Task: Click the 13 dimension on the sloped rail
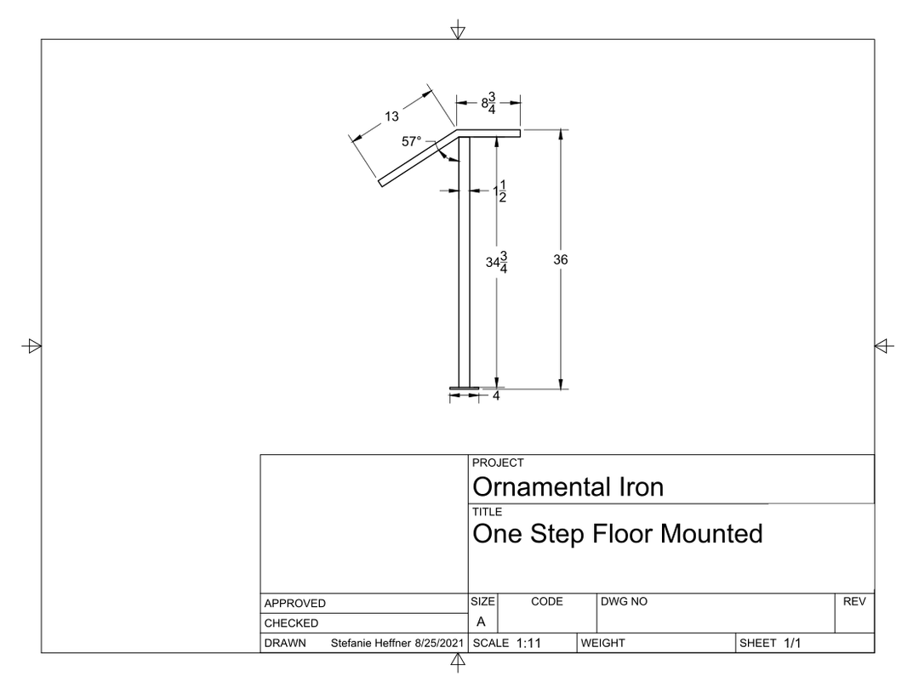pyautogui.click(x=391, y=116)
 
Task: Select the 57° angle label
pyautogui.click(x=412, y=142)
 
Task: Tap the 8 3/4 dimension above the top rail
pyautogui.click(x=488, y=103)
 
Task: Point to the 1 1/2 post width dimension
pyautogui.click(x=500, y=191)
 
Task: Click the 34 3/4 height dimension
pyautogui.click(x=496, y=263)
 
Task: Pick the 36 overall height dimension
pyautogui.click(x=560, y=259)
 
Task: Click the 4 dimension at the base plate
pyautogui.click(x=496, y=396)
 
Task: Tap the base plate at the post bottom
pyautogui.click(x=465, y=389)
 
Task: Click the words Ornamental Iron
pyautogui.click(x=568, y=487)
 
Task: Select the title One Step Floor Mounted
pyautogui.click(x=618, y=534)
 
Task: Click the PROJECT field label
pyautogui.click(x=498, y=463)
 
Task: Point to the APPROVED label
pyautogui.click(x=294, y=604)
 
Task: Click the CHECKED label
pyautogui.click(x=291, y=623)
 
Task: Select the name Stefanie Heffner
pyautogui.click(x=370, y=643)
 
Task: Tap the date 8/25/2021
pyautogui.click(x=439, y=643)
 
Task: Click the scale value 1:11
pyautogui.click(x=528, y=643)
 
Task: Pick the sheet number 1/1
pyautogui.click(x=792, y=643)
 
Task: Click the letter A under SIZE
pyautogui.click(x=481, y=622)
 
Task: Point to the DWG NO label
pyautogui.click(x=625, y=602)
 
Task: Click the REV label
pyautogui.click(x=854, y=602)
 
